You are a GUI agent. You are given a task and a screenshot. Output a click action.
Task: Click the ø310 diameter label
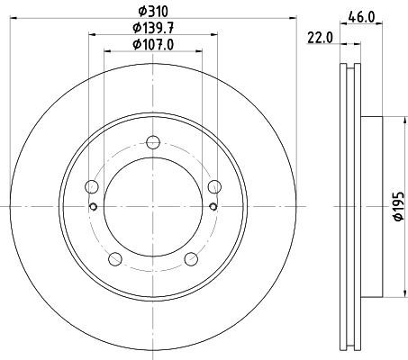(x=153, y=12)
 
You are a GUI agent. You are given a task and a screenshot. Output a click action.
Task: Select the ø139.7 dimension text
(x=153, y=28)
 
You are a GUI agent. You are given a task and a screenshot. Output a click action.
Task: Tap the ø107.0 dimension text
(x=153, y=45)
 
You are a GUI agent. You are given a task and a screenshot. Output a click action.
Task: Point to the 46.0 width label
(x=361, y=17)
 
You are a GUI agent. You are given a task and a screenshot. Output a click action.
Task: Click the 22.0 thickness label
(x=320, y=38)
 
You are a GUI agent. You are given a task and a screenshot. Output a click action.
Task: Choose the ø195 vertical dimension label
(x=399, y=206)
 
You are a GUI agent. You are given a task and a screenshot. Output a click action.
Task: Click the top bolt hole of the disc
(x=153, y=142)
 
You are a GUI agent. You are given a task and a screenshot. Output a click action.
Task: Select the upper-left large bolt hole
(x=92, y=186)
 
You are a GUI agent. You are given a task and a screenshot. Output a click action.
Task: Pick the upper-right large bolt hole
(x=214, y=186)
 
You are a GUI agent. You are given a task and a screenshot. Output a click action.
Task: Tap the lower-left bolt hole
(x=115, y=259)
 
